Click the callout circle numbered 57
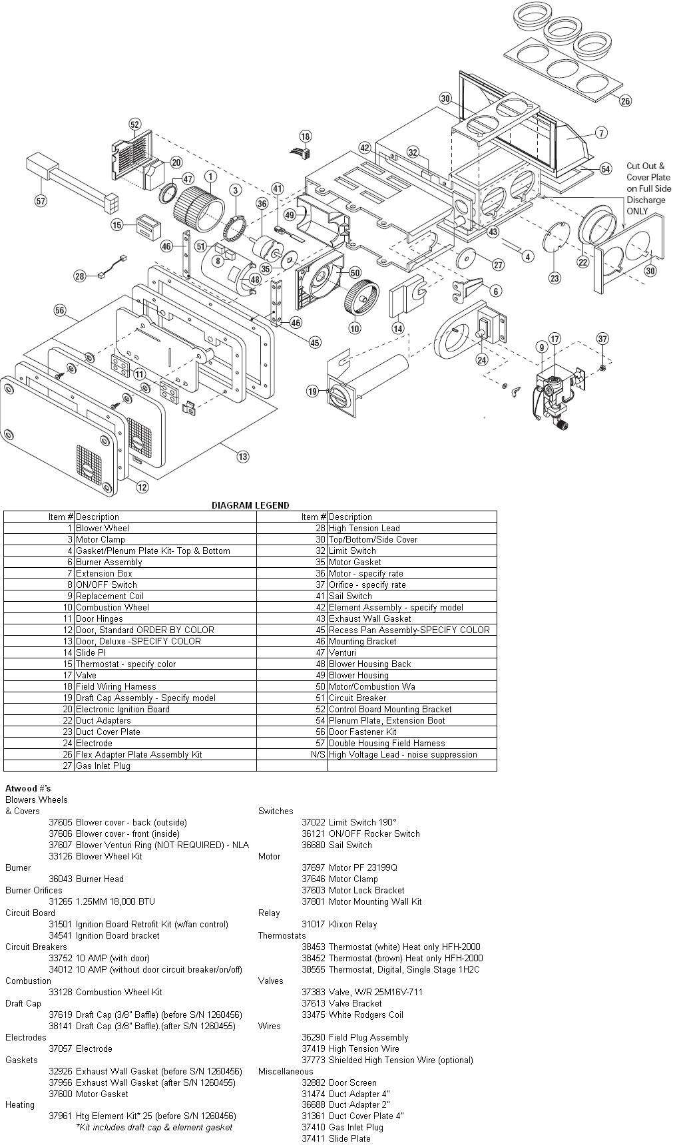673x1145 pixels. click(x=41, y=200)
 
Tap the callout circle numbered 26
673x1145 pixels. click(x=624, y=101)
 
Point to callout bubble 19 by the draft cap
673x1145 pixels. click(x=313, y=391)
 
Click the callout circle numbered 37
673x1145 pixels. click(x=602, y=339)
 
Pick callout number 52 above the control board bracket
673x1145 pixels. click(x=135, y=124)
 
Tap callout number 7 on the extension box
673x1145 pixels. click(x=601, y=133)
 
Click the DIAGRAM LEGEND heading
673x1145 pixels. click(x=250, y=505)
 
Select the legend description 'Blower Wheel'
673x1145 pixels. click(x=103, y=528)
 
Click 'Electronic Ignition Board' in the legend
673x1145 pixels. click(x=122, y=709)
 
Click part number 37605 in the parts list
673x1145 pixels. click(x=61, y=822)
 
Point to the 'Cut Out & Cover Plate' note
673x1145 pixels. click(x=648, y=188)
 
